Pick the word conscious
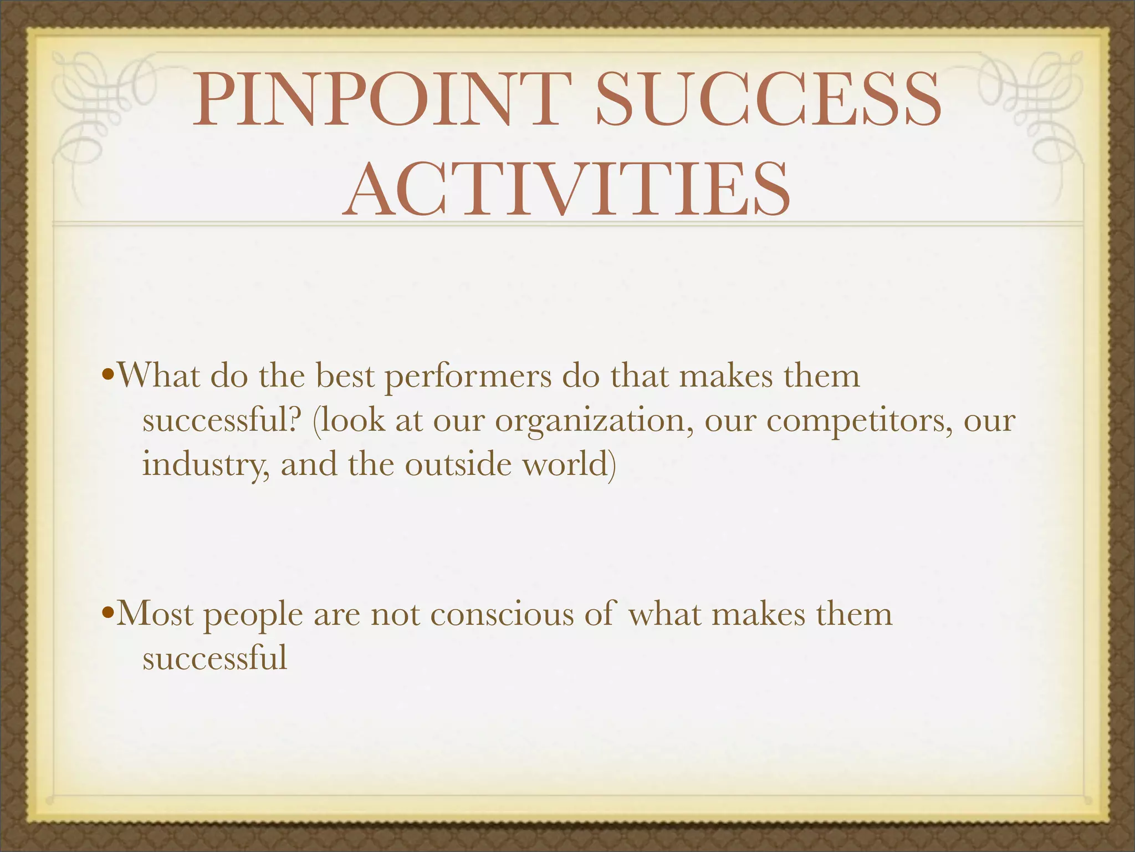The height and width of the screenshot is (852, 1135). click(502, 615)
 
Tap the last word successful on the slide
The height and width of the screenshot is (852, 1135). click(215, 659)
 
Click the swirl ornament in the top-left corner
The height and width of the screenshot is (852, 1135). click(100, 111)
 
